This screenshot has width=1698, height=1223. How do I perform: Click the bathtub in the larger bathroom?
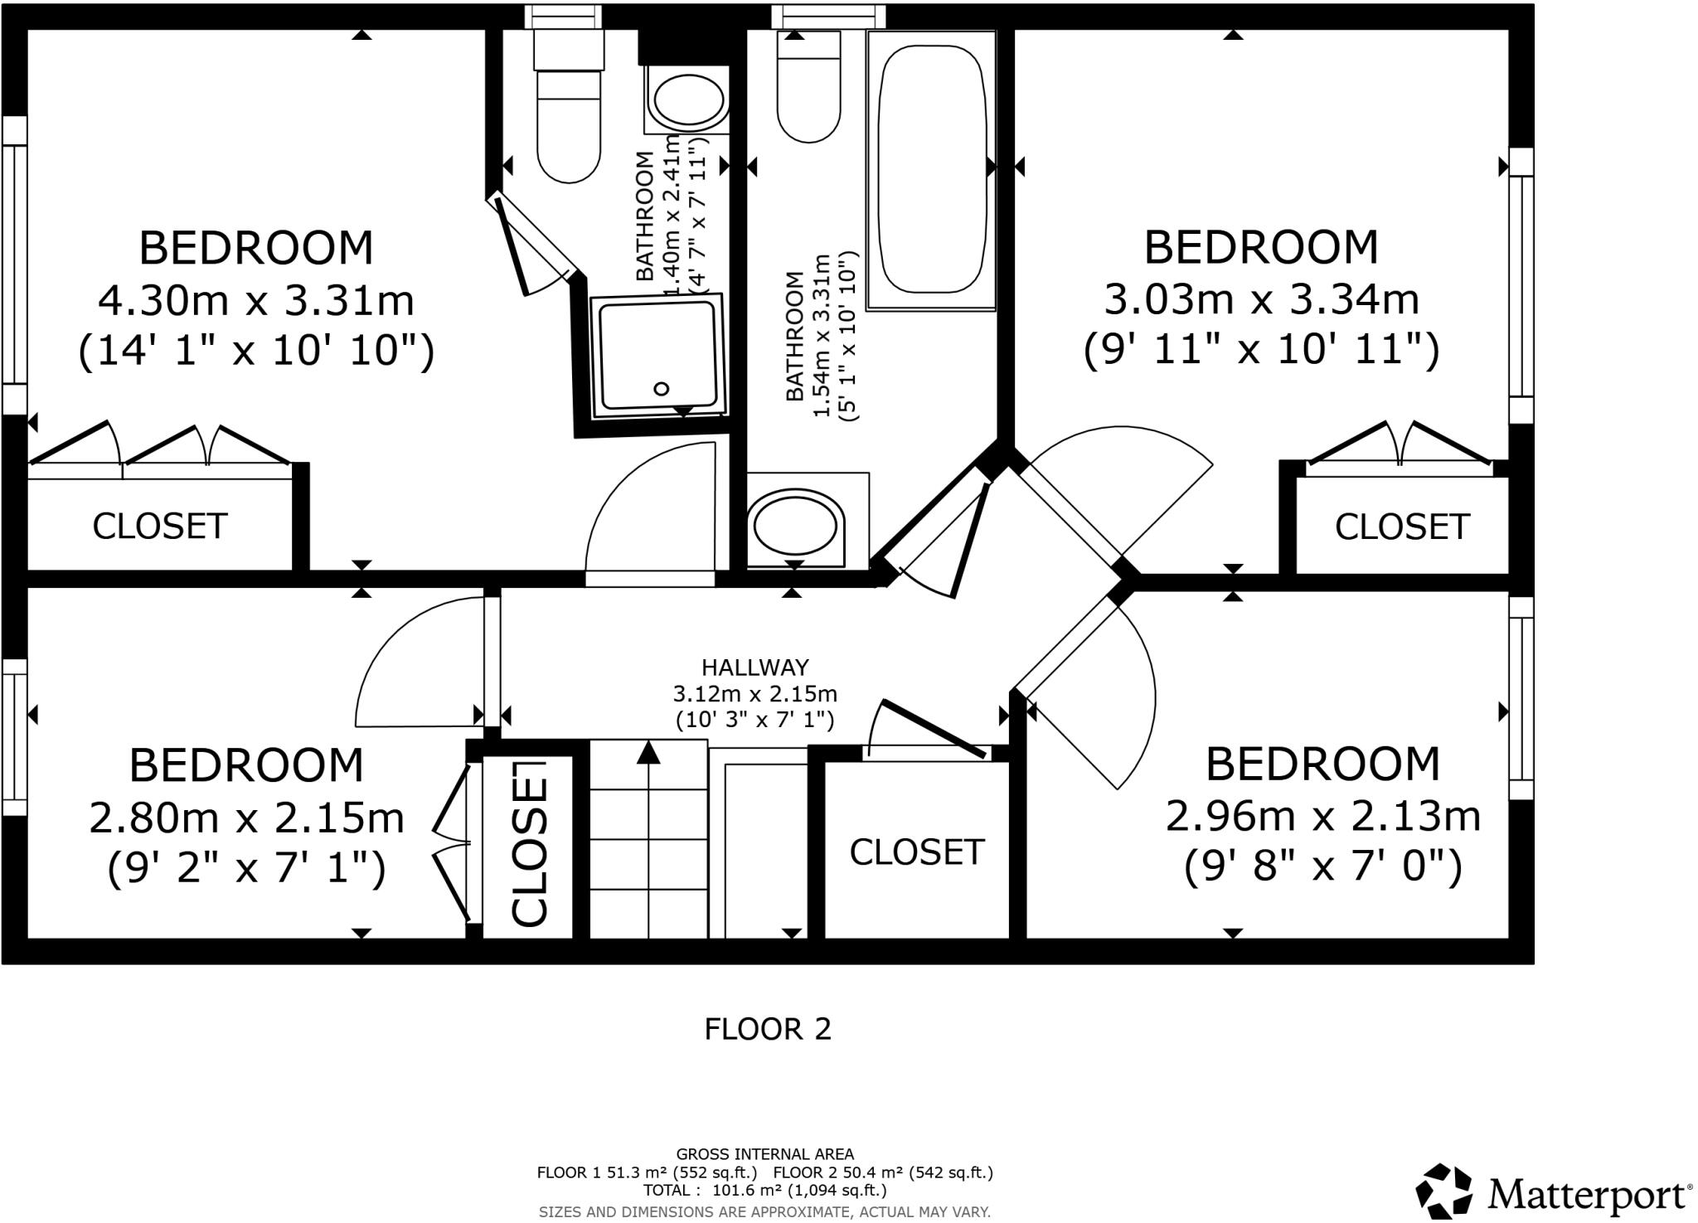point(930,170)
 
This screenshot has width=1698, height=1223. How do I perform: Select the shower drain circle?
point(662,388)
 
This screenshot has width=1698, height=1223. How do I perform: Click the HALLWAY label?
point(754,667)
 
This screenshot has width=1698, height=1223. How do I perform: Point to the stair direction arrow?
point(648,753)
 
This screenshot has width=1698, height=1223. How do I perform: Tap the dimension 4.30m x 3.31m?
point(255,300)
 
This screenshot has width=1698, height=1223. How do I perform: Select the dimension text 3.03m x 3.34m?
point(1261,299)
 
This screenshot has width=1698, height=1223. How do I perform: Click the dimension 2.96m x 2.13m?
point(1322,816)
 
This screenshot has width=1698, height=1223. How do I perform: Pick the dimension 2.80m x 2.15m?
point(246,818)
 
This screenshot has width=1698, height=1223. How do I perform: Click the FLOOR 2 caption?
point(767,1029)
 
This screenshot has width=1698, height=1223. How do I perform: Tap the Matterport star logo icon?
point(1445,1191)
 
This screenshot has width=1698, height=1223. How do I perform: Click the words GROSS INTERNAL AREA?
point(764,1154)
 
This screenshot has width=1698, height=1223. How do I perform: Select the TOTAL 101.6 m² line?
point(764,1191)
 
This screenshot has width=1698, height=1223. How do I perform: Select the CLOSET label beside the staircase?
point(916,852)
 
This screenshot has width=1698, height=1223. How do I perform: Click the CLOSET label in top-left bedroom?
point(159,527)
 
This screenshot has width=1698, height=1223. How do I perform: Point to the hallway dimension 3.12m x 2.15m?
point(754,693)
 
